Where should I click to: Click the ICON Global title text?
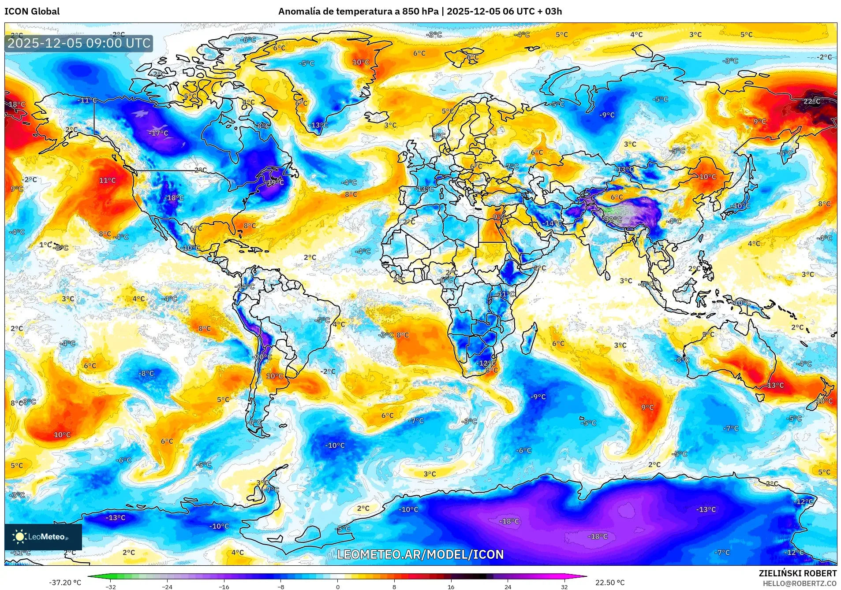click(x=32, y=11)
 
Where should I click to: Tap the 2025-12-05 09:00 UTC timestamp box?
click(x=79, y=43)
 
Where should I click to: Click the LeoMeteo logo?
click(x=43, y=537)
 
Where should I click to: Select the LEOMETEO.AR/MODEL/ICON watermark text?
click(x=420, y=554)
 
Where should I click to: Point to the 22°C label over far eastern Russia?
click(x=811, y=101)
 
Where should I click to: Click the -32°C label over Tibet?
click(x=613, y=219)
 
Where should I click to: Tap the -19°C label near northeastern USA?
click(x=275, y=182)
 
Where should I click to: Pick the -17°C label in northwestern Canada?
click(x=159, y=133)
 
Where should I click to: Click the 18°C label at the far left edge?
click(x=17, y=104)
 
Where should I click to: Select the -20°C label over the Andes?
click(x=262, y=357)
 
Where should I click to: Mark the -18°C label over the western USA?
click(x=174, y=198)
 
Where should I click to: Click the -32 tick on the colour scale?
click(x=111, y=586)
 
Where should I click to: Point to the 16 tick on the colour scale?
click(x=451, y=586)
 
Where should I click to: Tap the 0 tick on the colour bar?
click(x=338, y=586)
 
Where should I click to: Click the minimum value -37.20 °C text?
click(x=65, y=583)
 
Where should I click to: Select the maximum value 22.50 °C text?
click(x=609, y=583)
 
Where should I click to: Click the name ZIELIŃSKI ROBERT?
click(x=797, y=573)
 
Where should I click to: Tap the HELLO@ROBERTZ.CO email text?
click(x=799, y=583)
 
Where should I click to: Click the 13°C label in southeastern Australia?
click(x=775, y=385)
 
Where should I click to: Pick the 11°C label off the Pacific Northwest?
click(x=107, y=180)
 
